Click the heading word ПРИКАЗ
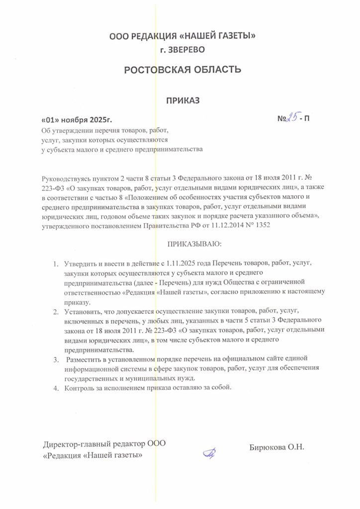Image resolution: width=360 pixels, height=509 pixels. pyautogui.click(x=182, y=100)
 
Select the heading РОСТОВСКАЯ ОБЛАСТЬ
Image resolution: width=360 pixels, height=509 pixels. pyautogui.click(x=182, y=69)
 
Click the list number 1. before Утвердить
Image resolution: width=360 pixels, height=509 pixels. pyautogui.click(x=55, y=262)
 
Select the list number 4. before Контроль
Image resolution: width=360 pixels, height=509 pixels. pyautogui.click(x=55, y=387)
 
